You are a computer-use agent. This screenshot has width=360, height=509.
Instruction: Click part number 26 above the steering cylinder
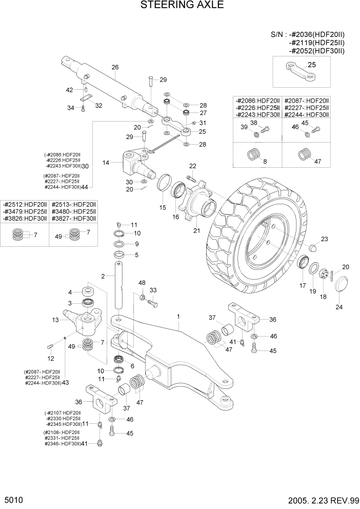115,67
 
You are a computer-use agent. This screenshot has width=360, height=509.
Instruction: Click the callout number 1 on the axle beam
178,317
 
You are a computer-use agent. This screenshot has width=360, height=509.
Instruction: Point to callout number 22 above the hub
193,166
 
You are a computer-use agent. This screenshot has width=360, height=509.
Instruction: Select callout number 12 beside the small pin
51,358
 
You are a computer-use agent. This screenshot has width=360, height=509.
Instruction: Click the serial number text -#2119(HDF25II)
316,43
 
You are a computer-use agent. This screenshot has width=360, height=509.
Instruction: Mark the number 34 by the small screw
71,108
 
